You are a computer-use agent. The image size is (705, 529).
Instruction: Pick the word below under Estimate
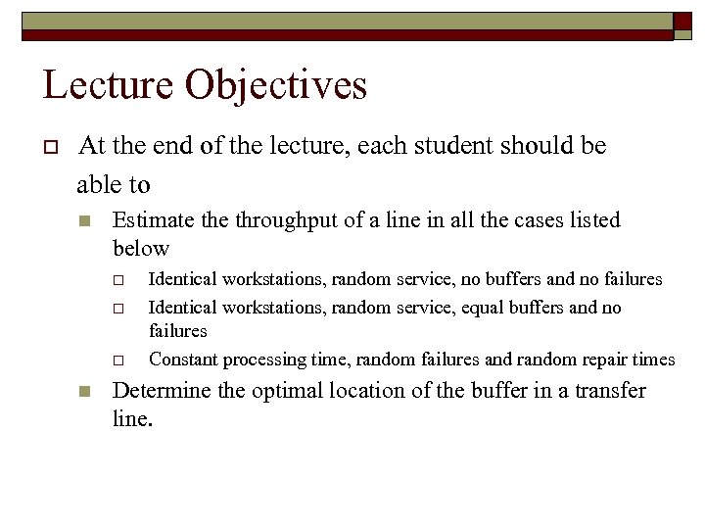pyautogui.click(x=141, y=248)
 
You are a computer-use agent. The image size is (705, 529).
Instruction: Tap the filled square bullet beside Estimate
pyautogui.click(x=84, y=221)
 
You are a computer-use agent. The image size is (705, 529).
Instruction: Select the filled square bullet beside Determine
pyautogui.click(x=84, y=392)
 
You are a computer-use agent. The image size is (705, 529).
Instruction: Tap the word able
pyautogui.click(x=101, y=182)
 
